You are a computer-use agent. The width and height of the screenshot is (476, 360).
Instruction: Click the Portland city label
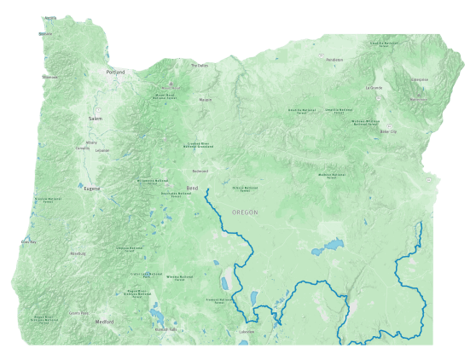(x=115, y=73)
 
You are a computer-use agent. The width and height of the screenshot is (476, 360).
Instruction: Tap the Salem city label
(x=95, y=119)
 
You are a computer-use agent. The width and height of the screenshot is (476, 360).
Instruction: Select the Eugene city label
(x=92, y=188)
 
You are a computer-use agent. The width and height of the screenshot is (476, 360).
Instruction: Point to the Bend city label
(x=192, y=187)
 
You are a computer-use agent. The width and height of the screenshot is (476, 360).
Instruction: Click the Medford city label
(x=105, y=322)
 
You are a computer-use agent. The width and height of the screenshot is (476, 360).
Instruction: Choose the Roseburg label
(x=78, y=253)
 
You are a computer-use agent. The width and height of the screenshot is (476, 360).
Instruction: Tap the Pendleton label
(x=334, y=60)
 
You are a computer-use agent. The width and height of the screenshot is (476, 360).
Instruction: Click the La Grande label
(x=374, y=87)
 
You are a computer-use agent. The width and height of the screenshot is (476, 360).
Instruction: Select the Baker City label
(x=388, y=131)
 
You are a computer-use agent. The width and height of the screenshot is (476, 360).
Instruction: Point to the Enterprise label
(x=420, y=79)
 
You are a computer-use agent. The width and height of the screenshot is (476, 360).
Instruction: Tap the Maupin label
(x=206, y=100)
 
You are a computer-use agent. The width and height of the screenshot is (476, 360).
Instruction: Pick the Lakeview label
(x=247, y=331)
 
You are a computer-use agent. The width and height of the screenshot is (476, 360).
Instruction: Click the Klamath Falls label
(x=165, y=329)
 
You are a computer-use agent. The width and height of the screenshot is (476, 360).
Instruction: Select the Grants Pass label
(x=78, y=313)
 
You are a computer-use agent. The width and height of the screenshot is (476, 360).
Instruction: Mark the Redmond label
(x=200, y=171)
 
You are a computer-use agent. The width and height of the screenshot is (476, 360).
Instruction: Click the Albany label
(x=91, y=142)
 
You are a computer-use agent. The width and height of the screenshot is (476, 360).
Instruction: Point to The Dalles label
(x=200, y=65)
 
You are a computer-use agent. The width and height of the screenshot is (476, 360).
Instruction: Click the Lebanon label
(x=102, y=150)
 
